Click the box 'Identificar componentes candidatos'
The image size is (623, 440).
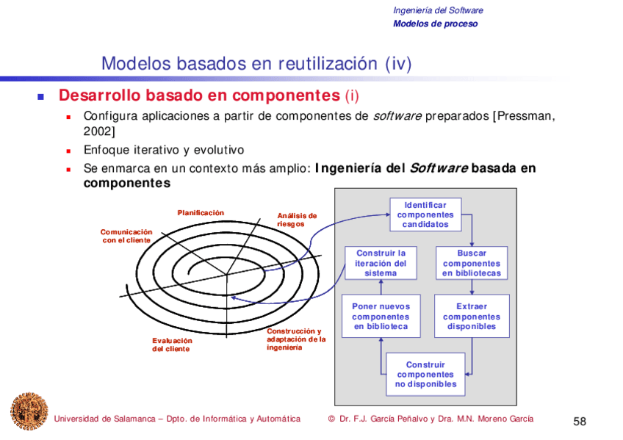point(425,214)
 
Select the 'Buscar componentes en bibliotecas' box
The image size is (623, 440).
point(472,263)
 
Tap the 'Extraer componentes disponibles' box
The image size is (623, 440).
point(472,317)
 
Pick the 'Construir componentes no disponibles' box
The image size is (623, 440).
point(425,375)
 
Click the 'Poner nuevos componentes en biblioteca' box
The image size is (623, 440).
point(381,317)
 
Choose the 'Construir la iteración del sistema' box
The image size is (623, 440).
point(381,263)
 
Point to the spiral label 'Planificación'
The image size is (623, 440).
point(201,213)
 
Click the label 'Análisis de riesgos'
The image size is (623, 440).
point(297,220)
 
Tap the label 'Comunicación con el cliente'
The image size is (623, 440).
point(126,236)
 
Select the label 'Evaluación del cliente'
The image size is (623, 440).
point(172,345)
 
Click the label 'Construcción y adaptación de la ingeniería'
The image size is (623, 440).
point(295,339)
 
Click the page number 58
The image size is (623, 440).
point(580,421)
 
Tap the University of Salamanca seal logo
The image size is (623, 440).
point(29,411)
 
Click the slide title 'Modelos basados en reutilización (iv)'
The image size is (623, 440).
point(256,64)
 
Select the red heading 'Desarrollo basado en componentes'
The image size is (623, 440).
point(198,96)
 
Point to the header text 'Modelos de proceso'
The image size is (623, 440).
point(435,24)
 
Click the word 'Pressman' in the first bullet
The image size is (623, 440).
point(525,116)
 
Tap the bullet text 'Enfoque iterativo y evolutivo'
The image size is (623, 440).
point(163,150)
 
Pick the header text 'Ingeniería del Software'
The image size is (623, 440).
point(438,10)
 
